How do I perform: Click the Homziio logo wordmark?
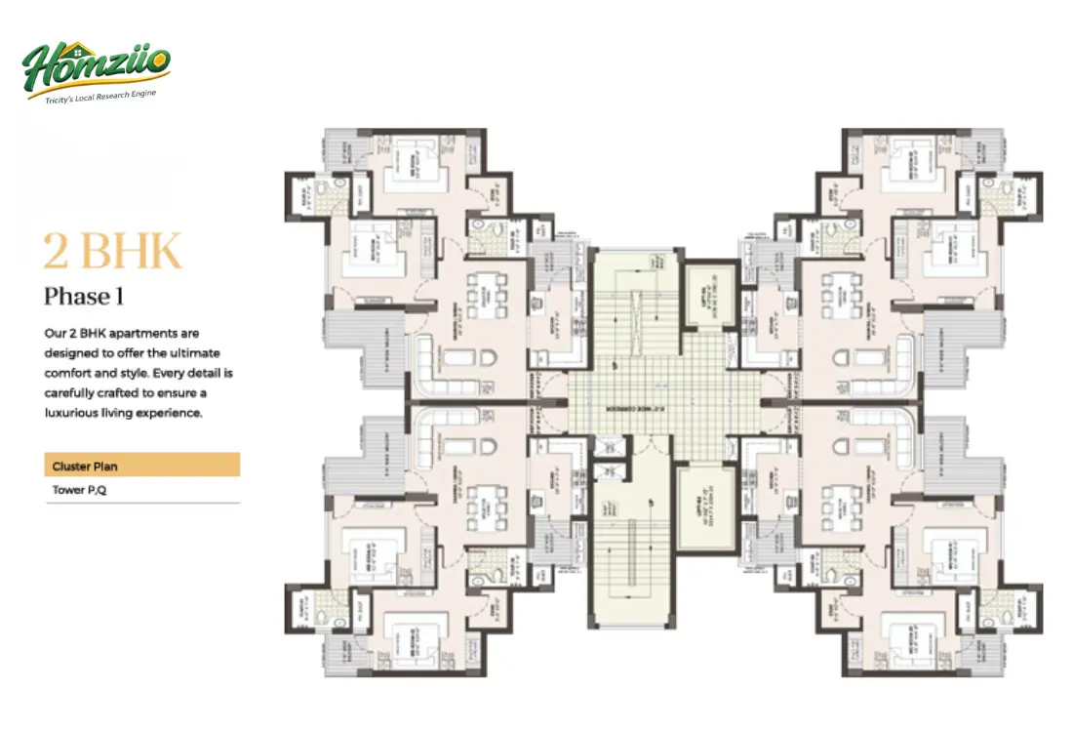pos(98,65)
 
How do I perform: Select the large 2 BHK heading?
pos(112,251)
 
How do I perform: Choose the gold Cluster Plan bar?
pos(142,466)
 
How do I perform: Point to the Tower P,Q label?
pos(79,490)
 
